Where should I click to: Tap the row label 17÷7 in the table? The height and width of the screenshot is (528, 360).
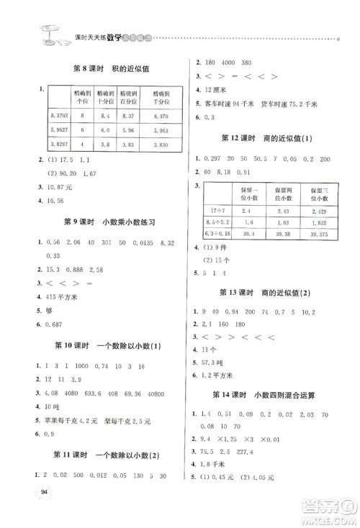(x=217, y=211)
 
